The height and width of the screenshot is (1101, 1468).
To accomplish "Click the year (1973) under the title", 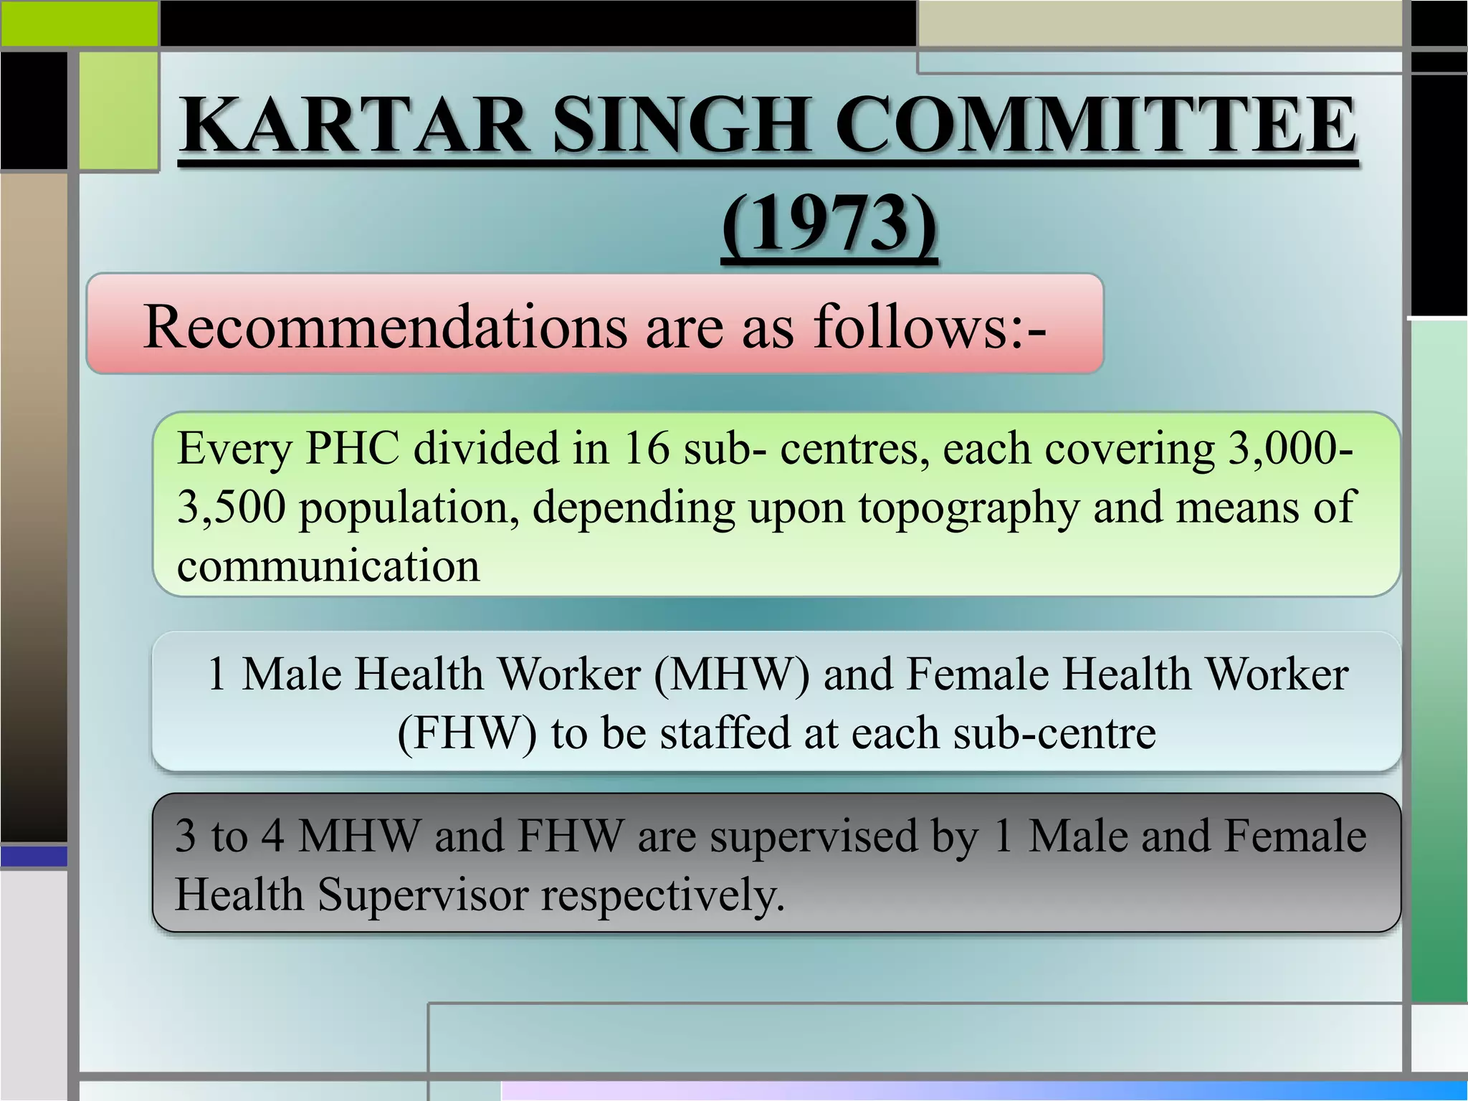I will pos(829,224).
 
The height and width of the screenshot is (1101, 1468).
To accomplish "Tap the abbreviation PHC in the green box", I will pos(351,449).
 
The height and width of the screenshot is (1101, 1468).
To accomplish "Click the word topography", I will pos(968,507).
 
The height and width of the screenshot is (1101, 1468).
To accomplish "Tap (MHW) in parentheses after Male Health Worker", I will pos(731,675).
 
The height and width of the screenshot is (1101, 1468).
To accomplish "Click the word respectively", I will pos(662,895).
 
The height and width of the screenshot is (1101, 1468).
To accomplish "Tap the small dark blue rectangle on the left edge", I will pos(34,856).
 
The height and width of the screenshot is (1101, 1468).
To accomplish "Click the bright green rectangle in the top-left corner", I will pos(79,23).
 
